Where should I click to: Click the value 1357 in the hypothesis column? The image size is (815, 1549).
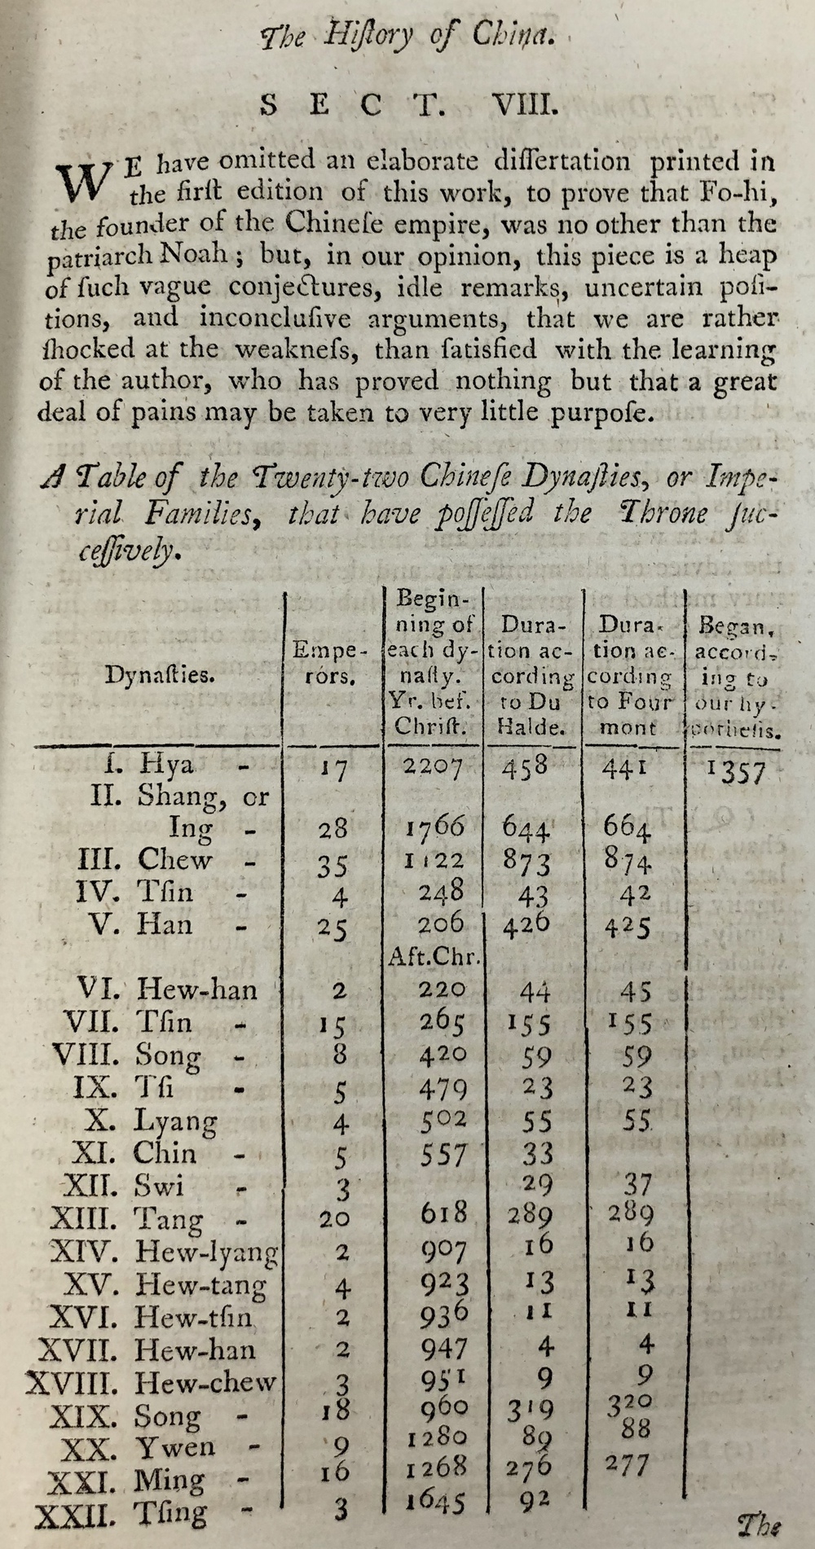coord(737,771)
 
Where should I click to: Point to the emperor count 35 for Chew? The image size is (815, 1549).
coord(333,863)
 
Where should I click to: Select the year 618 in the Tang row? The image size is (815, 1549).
coord(443,1213)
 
